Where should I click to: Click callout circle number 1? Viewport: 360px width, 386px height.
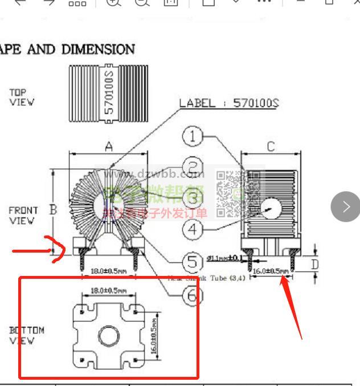click(x=193, y=136)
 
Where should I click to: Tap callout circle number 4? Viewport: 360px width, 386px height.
click(x=193, y=230)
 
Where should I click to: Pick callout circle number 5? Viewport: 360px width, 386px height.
click(x=193, y=262)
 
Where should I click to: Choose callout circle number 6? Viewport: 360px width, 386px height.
click(x=193, y=295)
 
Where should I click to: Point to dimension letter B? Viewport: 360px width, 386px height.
click(x=53, y=210)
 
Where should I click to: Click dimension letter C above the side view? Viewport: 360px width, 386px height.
click(x=271, y=147)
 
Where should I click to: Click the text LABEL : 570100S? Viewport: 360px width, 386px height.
click(x=229, y=103)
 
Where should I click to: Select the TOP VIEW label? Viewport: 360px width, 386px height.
click(x=22, y=97)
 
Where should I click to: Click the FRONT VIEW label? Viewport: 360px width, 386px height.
click(x=23, y=215)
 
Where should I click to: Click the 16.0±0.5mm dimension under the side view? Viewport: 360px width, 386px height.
click(x=271, y=271)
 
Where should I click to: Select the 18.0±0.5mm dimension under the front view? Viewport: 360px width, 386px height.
click(x=109, y=271)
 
